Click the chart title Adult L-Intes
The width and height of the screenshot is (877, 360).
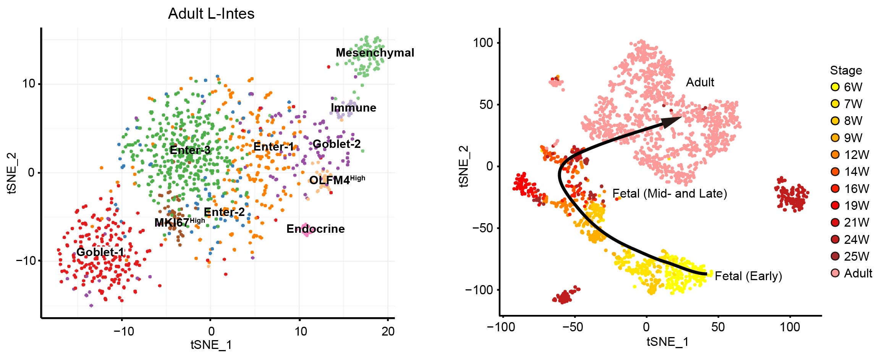click(211, 14)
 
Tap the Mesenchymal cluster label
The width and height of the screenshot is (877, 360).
click(375, 53)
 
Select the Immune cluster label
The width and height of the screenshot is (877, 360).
click(353, 108)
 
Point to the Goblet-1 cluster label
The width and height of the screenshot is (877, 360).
click(100, 252)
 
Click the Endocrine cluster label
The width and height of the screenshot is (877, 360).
click(316, 229)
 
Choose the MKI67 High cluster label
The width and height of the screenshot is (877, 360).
click(180, 222)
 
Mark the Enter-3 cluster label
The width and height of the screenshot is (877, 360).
click(190, 150)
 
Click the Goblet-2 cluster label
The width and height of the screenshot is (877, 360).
click(337, 144)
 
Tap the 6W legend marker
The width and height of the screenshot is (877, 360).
click(835, 87)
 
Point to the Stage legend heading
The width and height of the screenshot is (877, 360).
click(846, 70)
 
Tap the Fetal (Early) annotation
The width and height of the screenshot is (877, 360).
click(748, 276)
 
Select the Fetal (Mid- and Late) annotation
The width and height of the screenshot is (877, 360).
click(670, 193)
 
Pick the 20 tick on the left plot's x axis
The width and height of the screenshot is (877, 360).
click(388, 331)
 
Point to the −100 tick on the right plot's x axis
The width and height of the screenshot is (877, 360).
click(501, 327)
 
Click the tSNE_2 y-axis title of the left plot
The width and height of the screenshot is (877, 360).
click(12, 173)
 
